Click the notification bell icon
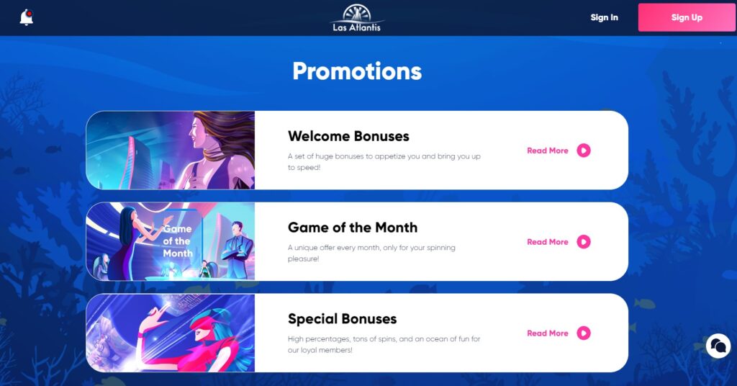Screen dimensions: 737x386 pos(27,17)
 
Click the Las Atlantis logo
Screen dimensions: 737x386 pos(357,18)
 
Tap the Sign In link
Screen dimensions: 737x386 pos(604,17)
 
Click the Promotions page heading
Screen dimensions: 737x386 pos(357,71)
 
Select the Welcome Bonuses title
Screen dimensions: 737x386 pos(348,136)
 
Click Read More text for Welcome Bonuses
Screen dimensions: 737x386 pos(548,151)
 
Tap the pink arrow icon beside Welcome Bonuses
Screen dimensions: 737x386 pos(583,151)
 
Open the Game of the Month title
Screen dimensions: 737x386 pos(353,227)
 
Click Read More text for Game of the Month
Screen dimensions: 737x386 pos(548,242)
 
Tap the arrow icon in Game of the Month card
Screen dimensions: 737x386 pos(583,242)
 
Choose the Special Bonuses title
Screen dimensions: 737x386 pos(342,319)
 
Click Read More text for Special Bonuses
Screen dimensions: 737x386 pos(548,333)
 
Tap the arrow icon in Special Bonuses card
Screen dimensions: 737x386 pos(583,333)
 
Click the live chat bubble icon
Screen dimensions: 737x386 pos(718,346)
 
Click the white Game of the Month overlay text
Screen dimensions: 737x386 pos(178,241)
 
